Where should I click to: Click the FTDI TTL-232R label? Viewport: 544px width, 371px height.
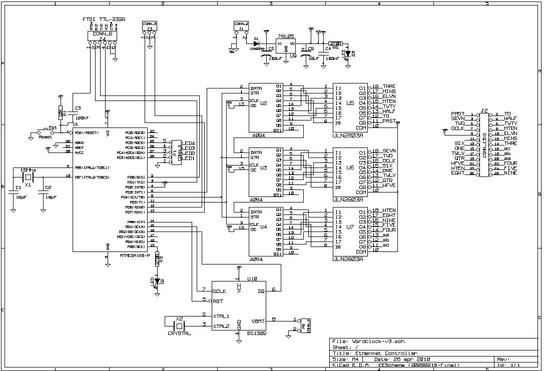(x=104, y=19)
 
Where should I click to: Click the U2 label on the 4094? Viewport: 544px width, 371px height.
(x=264, y=103)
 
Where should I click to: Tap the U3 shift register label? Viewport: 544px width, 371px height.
(x=264, y=168)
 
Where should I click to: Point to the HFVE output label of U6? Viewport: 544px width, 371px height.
(x=389, y=185)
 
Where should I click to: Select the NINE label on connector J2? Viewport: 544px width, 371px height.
(x=510, y=173)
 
